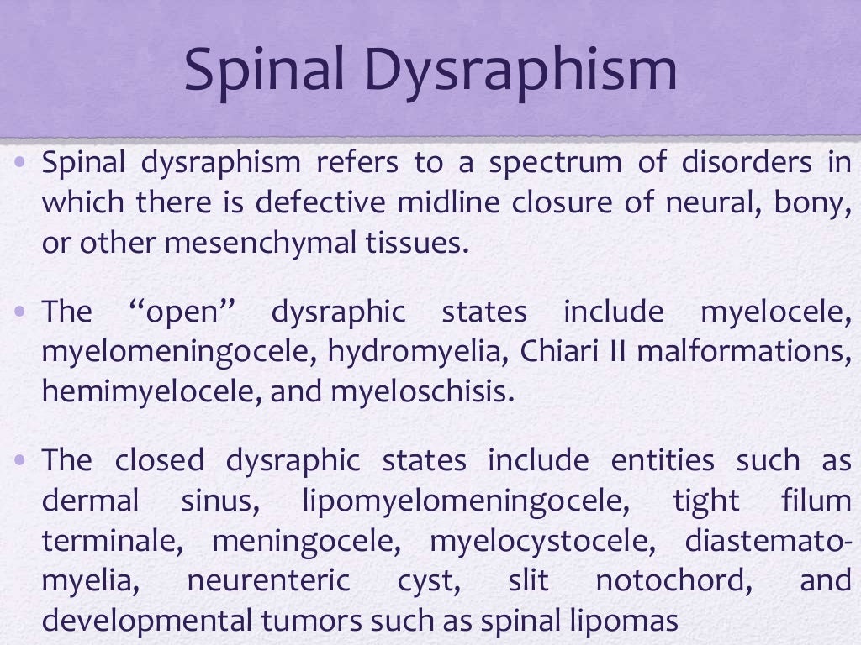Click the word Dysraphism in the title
click(522, 71)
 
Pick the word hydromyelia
click(415, 352)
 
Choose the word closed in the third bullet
click(160, 460)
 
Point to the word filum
click(816, 501)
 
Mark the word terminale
click(112, 541)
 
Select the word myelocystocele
click(542, 541)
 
